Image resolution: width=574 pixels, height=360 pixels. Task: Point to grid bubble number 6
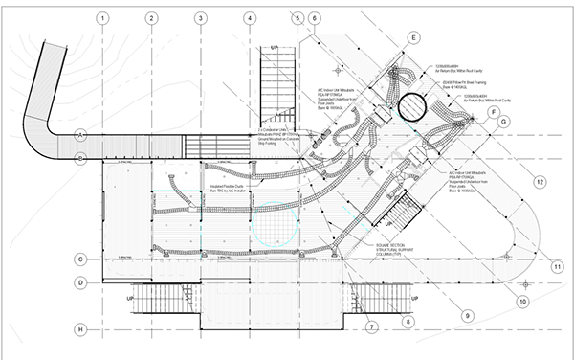tap(316, 17)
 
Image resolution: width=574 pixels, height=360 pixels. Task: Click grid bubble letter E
tap(413, 37)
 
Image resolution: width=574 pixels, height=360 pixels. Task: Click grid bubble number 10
tap(522, 301)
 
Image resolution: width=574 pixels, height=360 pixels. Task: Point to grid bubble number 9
tap(469, 314)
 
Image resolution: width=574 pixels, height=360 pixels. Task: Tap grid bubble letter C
tap(81, 259)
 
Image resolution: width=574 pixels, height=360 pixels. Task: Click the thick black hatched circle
tap(418, 106)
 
